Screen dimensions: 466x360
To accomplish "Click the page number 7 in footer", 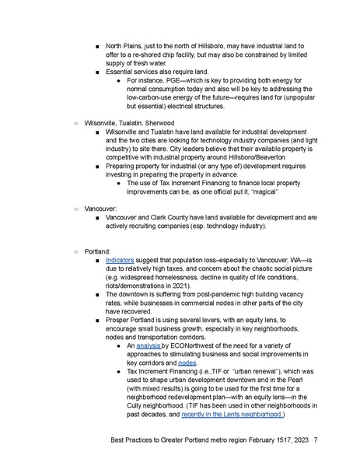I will point(316,447).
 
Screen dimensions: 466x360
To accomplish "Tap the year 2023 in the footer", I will point(296,447).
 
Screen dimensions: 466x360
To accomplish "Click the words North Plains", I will point(125,45).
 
